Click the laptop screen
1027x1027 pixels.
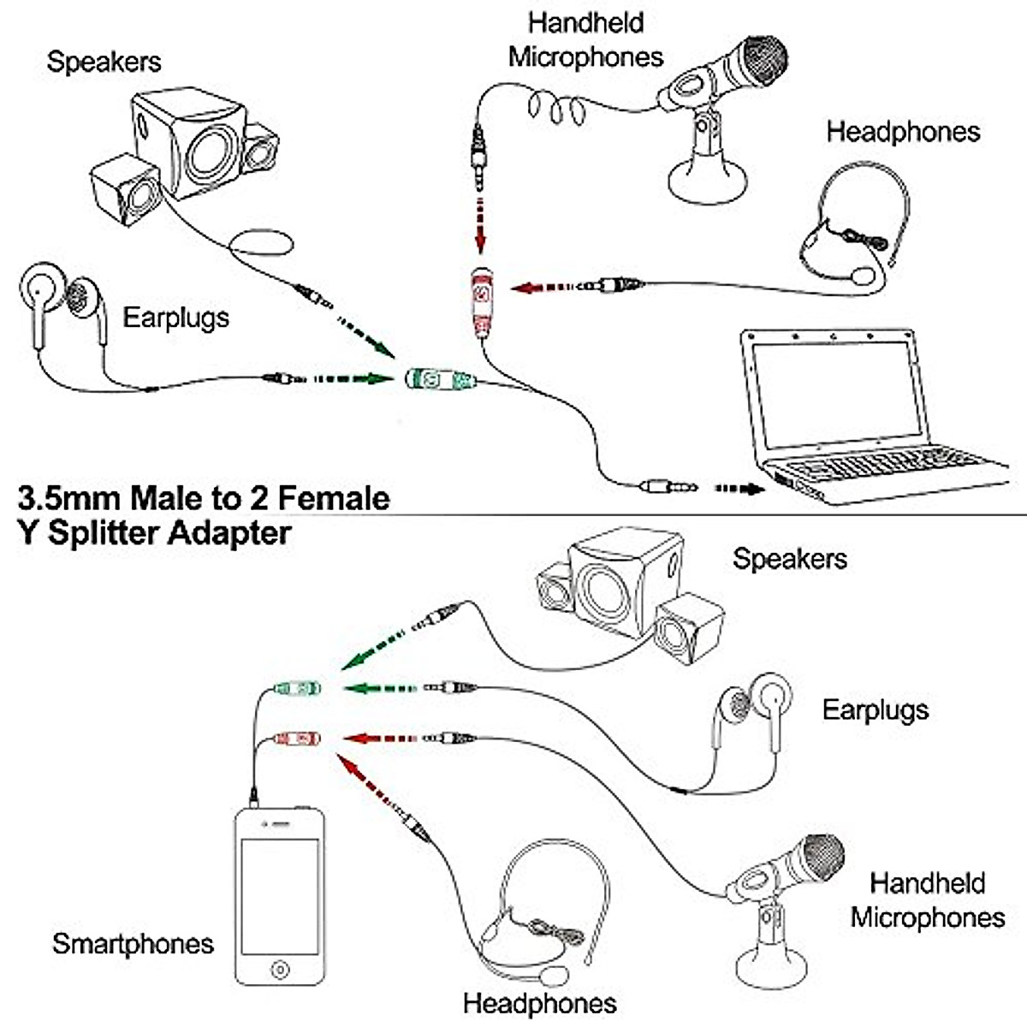tap(837, 395)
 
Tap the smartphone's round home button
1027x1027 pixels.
tap(281, 969)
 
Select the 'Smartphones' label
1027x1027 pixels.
tap(133, 943)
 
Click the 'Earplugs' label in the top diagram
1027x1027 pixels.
tap(176, 318)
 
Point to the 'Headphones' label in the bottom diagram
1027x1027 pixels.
tap(540, 1004)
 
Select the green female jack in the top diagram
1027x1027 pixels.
tap(440, 379)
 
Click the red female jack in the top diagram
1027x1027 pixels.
tap(482, 303)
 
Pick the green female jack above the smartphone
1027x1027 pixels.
tap(297, 688)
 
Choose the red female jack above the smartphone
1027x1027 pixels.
tap(297, 739)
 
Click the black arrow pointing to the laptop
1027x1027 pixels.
tap(739, 488)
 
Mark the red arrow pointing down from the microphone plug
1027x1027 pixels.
tap(481, 225)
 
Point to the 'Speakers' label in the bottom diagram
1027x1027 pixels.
tap(790, 559)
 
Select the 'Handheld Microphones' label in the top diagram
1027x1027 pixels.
tap(585, 40)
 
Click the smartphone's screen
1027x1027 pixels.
tap(280, 897)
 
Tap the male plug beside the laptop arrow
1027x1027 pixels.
tap(668, 487)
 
